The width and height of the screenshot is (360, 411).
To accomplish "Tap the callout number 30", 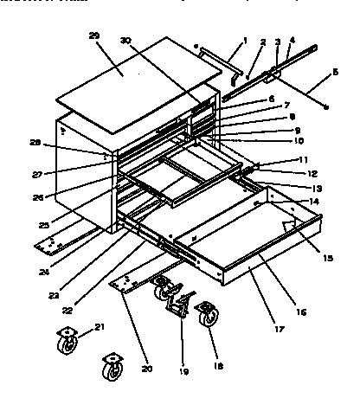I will (125, 40).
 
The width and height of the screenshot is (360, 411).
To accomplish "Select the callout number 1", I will (246, 39).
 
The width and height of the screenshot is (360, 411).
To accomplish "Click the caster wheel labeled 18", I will (208, 318).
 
